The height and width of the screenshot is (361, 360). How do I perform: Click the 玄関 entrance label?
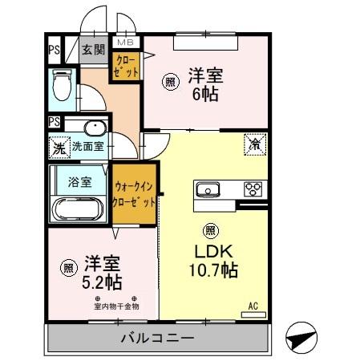point(93,50)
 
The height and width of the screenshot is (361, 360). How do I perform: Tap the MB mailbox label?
point(127,42)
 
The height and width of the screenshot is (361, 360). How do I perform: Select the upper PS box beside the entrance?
point(55,50)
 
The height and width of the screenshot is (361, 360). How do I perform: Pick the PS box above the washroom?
point(55,122)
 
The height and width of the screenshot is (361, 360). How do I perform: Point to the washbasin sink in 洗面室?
point(93,128)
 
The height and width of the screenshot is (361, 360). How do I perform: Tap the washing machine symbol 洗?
point(59,148)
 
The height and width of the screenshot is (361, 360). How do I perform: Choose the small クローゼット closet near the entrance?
point(127,66)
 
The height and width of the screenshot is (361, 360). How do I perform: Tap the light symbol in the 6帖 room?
point(170,81)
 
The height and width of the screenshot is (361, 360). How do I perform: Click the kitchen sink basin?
point(208,190)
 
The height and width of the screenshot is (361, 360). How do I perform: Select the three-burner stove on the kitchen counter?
point(253,190)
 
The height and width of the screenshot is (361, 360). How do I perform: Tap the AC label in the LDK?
point(253,305)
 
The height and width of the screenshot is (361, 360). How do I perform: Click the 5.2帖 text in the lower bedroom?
point(103,282)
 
